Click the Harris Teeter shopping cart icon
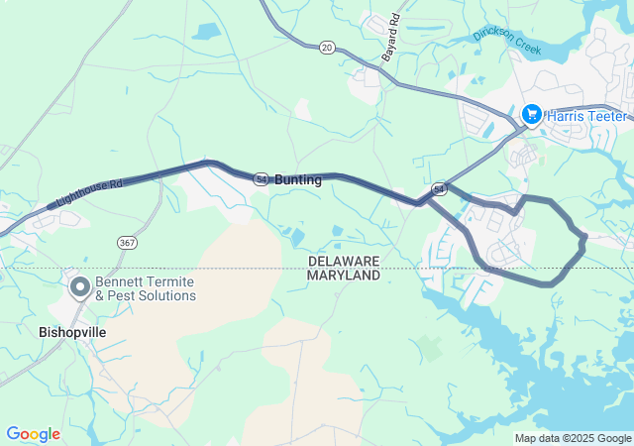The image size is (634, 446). (532, 115)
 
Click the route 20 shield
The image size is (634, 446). (327, 47)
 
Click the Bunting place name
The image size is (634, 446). (298, 180)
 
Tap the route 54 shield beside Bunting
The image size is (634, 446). (261, 179)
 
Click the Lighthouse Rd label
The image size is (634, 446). (88, 193)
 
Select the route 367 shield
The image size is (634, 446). (126, 242)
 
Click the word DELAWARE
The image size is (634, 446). (344, 261)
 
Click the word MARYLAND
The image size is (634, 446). (344, 275)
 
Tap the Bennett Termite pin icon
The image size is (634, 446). (79, 287)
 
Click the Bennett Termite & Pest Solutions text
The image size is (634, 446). (146, 288)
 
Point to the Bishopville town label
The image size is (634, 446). (72, 332)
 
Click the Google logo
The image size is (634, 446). (33, 434)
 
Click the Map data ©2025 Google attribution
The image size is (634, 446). (573, 438)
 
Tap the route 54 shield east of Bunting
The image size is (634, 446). (439, 187)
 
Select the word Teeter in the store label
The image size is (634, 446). (608, 116)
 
